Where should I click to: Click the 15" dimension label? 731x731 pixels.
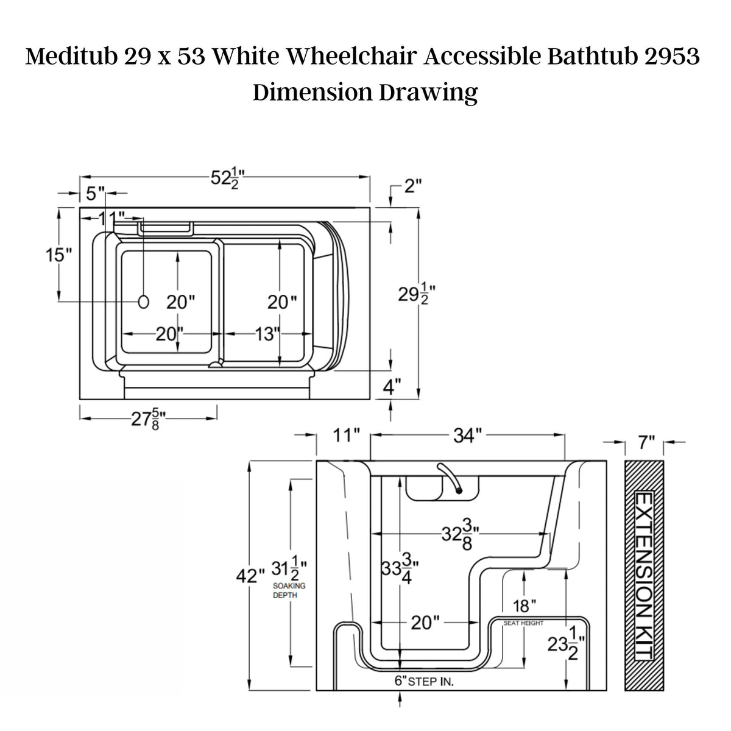tap(59, 255)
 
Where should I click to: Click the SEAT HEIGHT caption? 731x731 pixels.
tap(523, 623)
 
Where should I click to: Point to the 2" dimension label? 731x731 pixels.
tap(413, 186)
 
